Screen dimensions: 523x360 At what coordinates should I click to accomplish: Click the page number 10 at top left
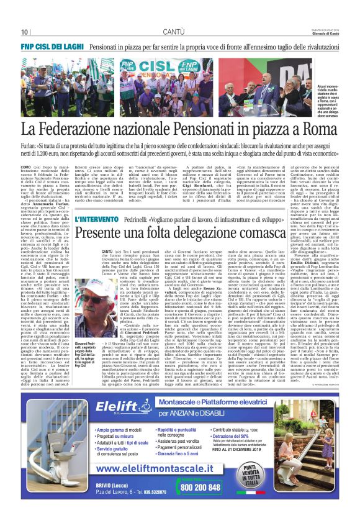pyautogui.click(x=25, y=32)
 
